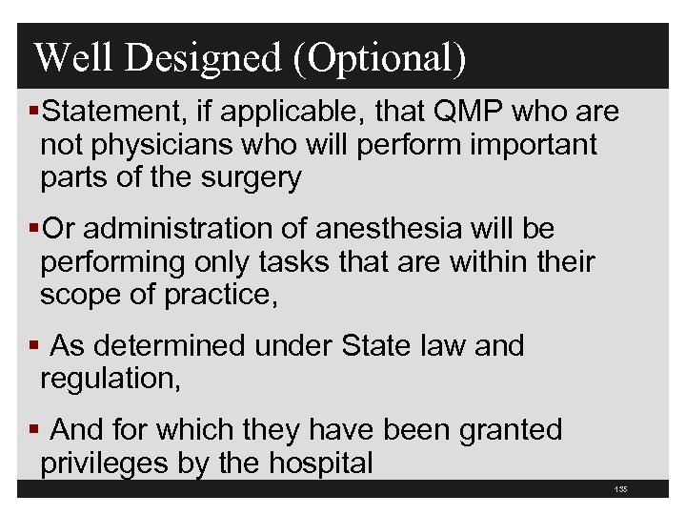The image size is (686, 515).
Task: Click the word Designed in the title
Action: point(202,58)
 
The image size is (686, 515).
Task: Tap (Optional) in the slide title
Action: point(380,58)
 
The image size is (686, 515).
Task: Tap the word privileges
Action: point(107,463)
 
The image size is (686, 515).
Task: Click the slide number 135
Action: point(621,490)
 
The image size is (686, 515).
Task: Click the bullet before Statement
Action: point(35,113)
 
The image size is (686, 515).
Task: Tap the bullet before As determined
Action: point(35,346)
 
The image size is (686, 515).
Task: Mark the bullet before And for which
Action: point(35,430)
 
